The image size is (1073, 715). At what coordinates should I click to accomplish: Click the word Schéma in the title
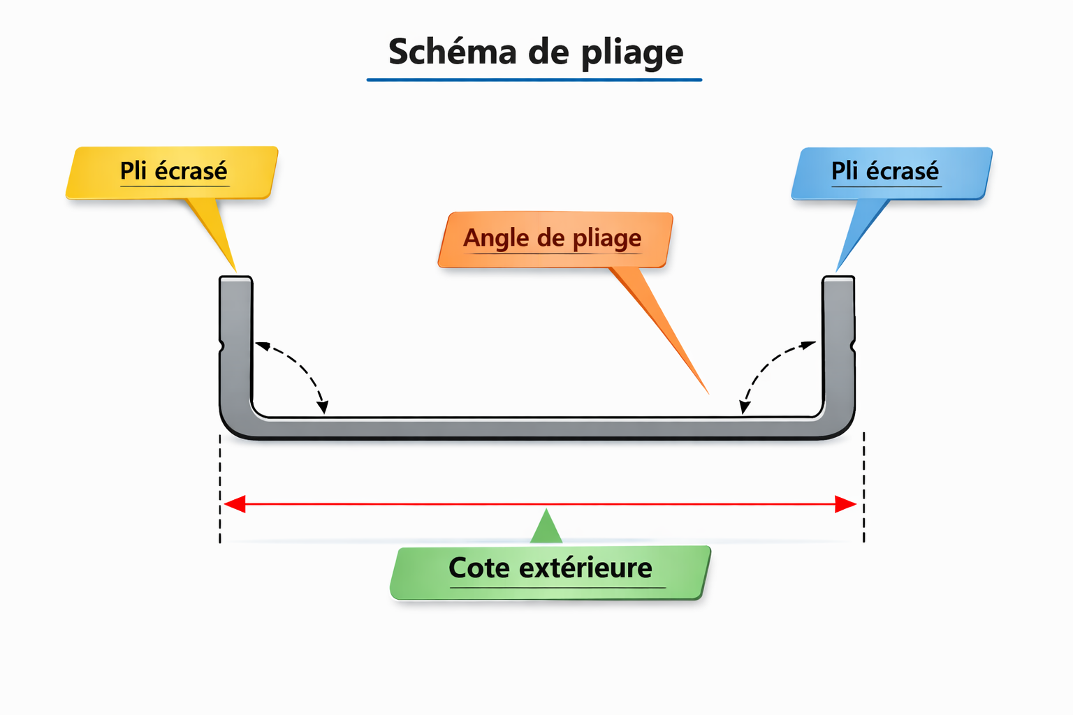tap(452, 52)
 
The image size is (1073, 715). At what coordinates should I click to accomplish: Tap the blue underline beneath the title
tap(534, 80)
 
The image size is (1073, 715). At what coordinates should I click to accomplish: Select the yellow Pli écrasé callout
tap(173, 172)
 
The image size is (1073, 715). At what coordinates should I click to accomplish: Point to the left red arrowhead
tap(234, 504)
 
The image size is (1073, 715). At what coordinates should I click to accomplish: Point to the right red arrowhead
tap(845, 504)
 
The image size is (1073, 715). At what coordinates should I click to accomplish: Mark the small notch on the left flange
tap(221, 346)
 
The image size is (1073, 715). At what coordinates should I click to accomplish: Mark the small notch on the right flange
tap(853, 346)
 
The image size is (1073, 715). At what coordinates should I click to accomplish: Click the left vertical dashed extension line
tap(220, 489)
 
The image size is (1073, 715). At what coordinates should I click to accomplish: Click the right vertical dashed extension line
tap(864, 489)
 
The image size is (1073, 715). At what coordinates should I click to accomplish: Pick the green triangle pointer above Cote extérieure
tap(546, 528)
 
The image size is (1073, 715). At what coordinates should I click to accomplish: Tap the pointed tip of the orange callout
tap(707, 392)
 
